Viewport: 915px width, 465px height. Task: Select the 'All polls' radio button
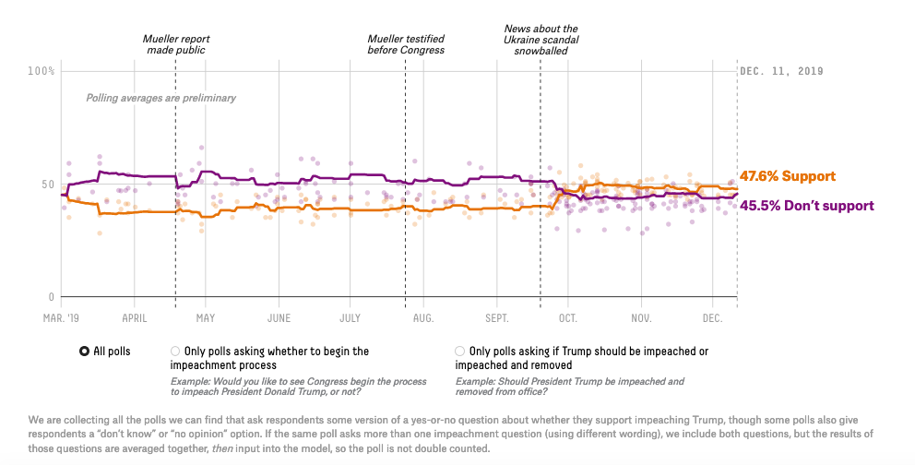(x=85, y=352)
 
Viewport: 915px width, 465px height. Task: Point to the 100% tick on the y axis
(x=42, y=71)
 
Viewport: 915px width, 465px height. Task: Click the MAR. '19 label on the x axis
(x=62, y=317)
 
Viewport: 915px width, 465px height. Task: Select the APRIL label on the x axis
(x=135, y=317)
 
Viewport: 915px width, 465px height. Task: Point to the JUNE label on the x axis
(x=279, y=317)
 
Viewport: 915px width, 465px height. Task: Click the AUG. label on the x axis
(x=423, y=317)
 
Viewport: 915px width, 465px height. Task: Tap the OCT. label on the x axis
(x=567, y=317)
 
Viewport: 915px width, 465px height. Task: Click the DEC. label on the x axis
(x=712, y=317)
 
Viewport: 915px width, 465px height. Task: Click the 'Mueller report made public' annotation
(x=175, y=44)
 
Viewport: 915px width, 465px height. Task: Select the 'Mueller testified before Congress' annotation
(x=406, y=44)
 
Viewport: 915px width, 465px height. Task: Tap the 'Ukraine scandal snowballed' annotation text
(x=541, y=40)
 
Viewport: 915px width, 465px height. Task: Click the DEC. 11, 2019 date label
(x=781, y=71)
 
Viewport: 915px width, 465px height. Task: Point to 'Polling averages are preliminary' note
(x=161, y=98)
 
